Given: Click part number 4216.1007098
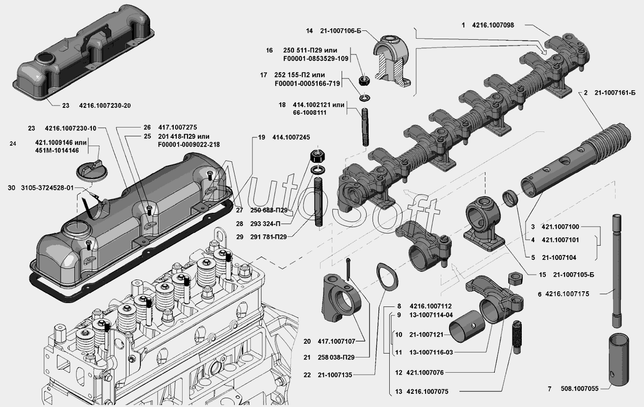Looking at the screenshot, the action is point(493,25).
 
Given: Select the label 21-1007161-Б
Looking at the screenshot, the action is point(615,93).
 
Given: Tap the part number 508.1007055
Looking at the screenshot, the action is point(579,389).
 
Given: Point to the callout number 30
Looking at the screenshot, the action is point(11,188).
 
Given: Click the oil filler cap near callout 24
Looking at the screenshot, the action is point(91,172).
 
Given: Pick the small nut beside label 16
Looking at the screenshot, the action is point(365,80).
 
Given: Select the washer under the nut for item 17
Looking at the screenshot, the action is point(365,98).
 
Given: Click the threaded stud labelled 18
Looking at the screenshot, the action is point(365,127).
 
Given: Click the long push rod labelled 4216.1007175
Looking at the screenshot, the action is point(617,271).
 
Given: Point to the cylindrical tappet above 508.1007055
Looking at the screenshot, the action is point(618,360).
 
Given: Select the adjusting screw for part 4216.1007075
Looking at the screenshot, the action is point(517,337).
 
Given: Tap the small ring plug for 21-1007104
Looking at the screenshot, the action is point(510,198).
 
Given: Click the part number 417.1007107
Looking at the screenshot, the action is point(336,341).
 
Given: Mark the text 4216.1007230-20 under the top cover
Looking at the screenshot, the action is point(105,106).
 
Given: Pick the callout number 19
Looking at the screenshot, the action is point(262,137).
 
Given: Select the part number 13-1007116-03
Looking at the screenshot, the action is point(431,353).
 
